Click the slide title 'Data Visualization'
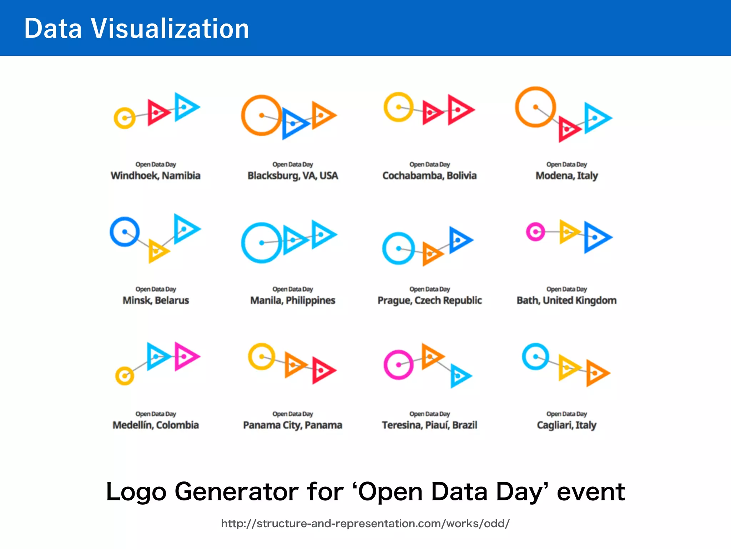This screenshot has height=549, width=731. tap(136, 29)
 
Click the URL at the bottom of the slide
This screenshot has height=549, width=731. tap(365, 524)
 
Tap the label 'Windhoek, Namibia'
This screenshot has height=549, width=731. tap(156, 175)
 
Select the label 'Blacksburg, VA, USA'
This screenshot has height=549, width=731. tap(293, 175)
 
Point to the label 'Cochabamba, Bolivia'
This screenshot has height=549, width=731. tap(429, 175)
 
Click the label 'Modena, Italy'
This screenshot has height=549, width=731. tap(566, 175)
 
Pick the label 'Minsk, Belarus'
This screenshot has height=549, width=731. tap(156, 300)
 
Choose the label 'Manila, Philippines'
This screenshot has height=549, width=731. tap(293, 300)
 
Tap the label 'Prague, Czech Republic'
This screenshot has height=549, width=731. tap(429, 300)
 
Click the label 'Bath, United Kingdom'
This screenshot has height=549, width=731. tap(566, 300)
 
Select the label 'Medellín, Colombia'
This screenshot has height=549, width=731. tap(156, 425)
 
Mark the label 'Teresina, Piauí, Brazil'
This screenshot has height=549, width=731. tap(429, 425)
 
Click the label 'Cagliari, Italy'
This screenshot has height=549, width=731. tap(566, 425)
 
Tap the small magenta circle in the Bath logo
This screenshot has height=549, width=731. tap(535, 232)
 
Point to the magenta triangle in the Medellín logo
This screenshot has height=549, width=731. tap(186, 356)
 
